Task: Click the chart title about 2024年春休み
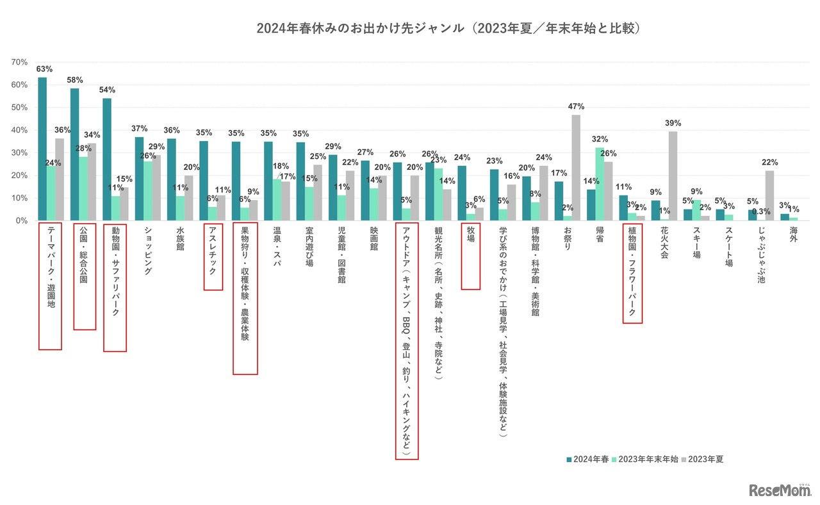449,29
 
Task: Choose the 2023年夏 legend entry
705,459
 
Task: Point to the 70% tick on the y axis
19,62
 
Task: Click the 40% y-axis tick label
19,130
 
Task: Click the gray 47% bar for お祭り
576,167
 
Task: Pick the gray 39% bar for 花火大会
673,176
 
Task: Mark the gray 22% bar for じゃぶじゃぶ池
769,195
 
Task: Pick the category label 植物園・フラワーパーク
632,273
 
